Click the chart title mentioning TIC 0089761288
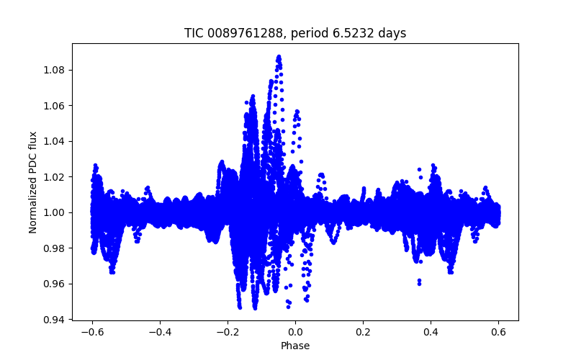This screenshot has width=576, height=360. click(x=295, y=33)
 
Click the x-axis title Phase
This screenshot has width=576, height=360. click(x=295, y=346)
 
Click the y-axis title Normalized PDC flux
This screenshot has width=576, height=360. click(x=33, y=181)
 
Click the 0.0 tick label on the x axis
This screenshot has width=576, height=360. click(x=295, y=332)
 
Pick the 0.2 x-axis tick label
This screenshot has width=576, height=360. click(x=363, y=332)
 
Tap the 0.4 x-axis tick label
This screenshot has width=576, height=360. click(x=431, y=332)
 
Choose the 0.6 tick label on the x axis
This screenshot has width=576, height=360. click(x=498, y=332)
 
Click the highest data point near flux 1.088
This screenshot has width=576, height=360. click(x=279, y=55)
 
